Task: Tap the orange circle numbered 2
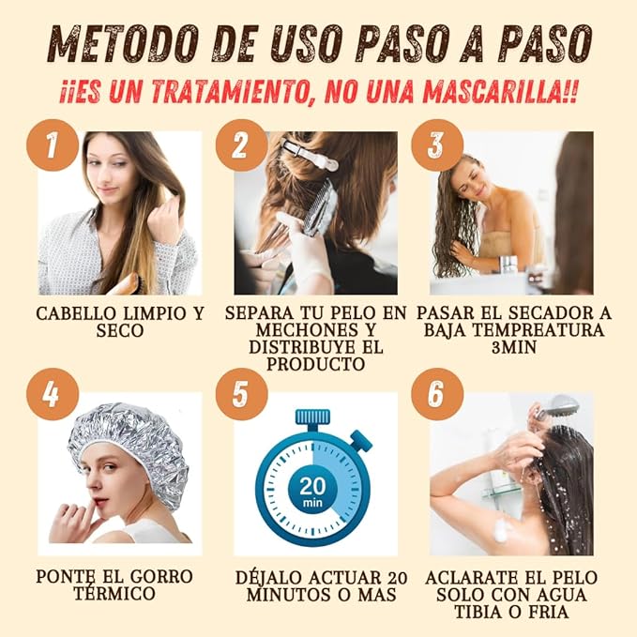(x=242, y=145)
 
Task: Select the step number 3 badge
(x=436, y=145)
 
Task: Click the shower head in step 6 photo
(x=557, y=407)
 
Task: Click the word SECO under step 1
(x=118, y=331)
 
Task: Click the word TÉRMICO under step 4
(x=114, y=594)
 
